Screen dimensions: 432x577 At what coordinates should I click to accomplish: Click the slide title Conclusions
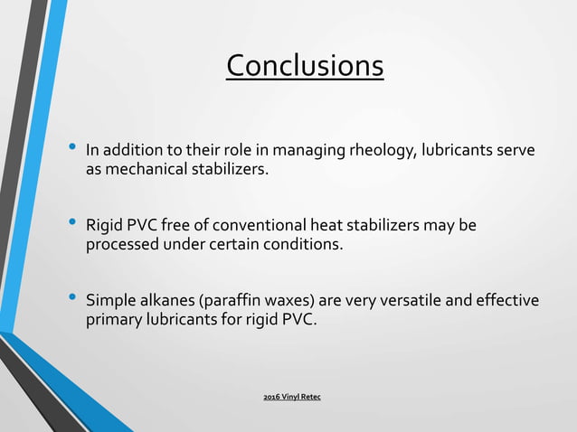tap(305, 66)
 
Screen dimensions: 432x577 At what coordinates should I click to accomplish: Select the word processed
tap(121, 243)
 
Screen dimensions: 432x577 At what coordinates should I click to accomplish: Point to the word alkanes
tap(167, 300)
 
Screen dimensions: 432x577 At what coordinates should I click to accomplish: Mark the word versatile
tap(410, 300)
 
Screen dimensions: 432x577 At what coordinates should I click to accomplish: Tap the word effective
tap(506, 300)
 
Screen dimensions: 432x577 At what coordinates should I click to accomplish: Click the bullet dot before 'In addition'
tap(71, 146)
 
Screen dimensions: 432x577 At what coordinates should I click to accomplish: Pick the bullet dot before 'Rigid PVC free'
tap(71, 222)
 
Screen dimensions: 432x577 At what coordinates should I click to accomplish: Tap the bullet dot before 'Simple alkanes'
tap(71, 298)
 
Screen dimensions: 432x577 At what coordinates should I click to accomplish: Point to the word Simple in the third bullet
tap(109, 300)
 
